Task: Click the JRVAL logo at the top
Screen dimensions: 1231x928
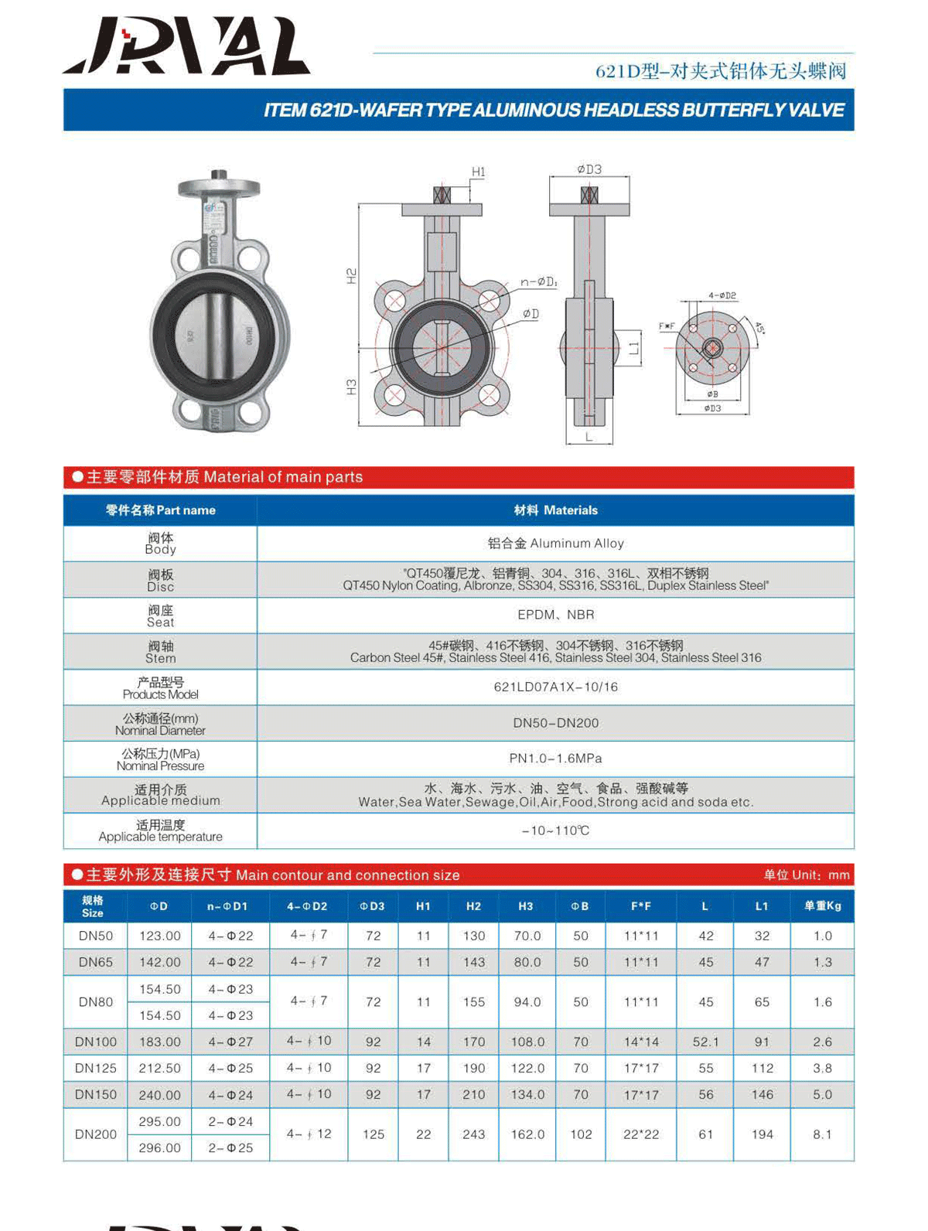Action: tap(186, 48)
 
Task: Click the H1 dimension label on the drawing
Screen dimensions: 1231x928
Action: tap(479, 172)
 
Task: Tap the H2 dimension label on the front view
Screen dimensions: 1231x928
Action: tap(352, 276)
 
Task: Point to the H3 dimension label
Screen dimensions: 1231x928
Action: tap(352, 387)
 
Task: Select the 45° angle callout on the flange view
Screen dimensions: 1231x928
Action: tap(759, 328)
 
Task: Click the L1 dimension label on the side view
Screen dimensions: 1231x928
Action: tap(634, 348)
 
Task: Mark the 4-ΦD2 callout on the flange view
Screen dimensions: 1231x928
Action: tap(722, 295)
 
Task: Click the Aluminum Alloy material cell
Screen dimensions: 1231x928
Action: tap(555, 544)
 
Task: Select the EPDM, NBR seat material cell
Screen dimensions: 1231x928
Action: tap(555, 615)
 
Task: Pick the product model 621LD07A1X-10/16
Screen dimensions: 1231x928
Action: tap(555, 687)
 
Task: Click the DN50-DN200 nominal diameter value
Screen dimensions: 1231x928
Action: tap(555, 723)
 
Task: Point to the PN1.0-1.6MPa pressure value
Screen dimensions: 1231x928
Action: tap(555, 759)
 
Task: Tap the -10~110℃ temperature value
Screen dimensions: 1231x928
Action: tap(555, 830)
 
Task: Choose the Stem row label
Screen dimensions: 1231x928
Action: tap(161, 652)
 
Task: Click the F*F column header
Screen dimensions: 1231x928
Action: tap(641, 906)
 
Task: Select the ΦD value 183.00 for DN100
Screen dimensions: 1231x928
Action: tap(160, 1042)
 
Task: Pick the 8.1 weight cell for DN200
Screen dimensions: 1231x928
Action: tap(822, 1134)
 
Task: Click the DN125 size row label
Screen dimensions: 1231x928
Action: tap(96, 1068)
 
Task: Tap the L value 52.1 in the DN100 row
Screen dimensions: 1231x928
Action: tap(705, 1042)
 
